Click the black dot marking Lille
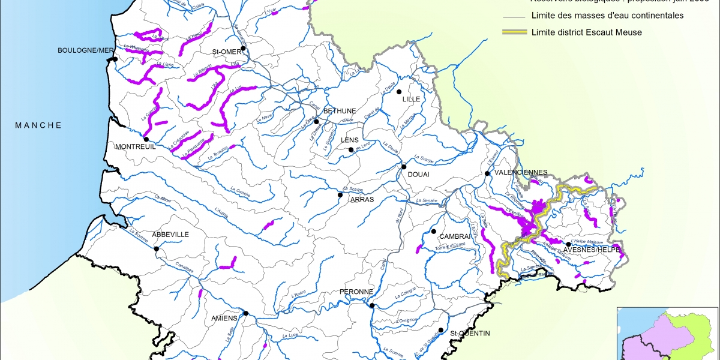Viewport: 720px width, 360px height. click(x=398, y=92)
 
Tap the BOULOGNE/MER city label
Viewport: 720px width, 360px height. click(x=86, y=50)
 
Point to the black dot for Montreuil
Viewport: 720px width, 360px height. click(x=146, y=139)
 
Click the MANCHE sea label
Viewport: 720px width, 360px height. click(x=38, y=125)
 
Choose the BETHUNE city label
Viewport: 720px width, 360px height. click(x=340, y=111)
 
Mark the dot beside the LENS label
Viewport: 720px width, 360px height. click(x=351, y=150)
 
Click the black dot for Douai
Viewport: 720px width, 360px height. click(x=404, y=167)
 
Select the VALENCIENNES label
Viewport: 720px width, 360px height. click(x=521, y=172)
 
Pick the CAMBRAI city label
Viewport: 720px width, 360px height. click(x=454, y=236)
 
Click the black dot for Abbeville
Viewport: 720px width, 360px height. click(x=157, y=248)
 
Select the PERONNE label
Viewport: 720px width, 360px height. click(x=357, y=292)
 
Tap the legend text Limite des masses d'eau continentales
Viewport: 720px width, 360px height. click(x=607, y=16)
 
